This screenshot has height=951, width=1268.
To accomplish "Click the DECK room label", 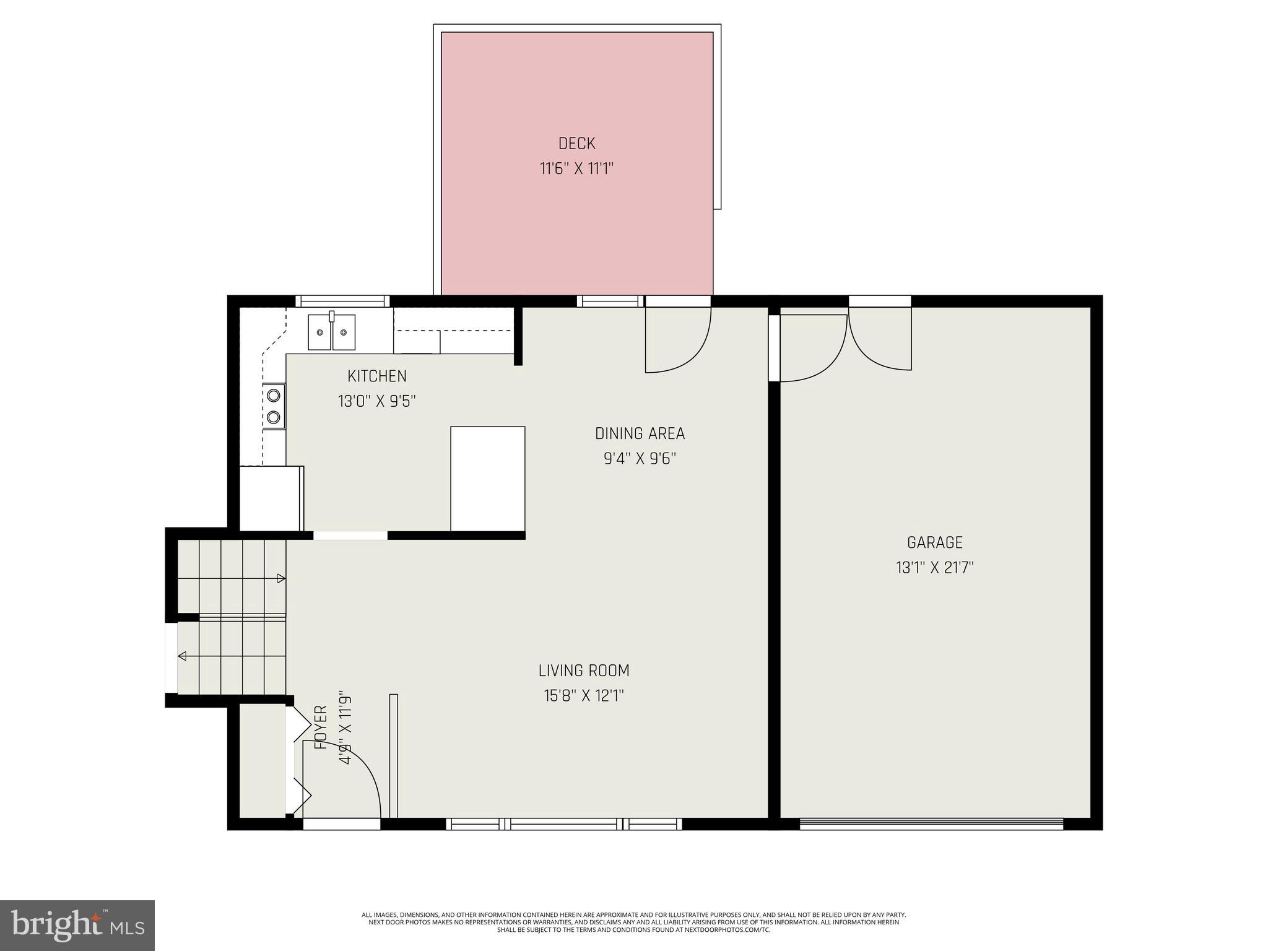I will [x=576, y=144].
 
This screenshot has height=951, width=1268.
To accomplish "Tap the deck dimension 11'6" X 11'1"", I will [x=576, y=168].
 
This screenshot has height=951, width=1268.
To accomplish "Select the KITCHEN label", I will [x=376, y=376].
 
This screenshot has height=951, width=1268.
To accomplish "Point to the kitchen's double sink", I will [x=332, y=332].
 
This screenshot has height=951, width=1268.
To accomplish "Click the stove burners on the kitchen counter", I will [x=274, y=406].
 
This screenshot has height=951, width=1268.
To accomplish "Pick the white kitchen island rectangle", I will [x=488, y=478].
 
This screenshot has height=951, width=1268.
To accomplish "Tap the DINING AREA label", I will [x=640, y=433].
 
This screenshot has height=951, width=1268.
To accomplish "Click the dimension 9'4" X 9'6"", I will [x=640, y=459].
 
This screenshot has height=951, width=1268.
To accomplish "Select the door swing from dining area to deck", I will [x=677, y=341].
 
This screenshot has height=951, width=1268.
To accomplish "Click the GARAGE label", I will [x=934, y=542].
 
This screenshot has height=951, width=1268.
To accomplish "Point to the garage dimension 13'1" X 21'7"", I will [x=934, y=568].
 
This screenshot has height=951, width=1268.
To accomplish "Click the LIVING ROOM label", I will [x=583, y=671].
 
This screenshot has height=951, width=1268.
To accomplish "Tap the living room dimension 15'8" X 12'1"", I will [x=583, y=696].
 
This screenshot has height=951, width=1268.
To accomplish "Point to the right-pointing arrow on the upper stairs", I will [x=280, y=578].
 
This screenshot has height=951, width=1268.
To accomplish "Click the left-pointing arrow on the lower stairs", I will [x=183, y=656].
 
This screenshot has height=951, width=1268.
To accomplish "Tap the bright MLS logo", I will [x=77, y=925].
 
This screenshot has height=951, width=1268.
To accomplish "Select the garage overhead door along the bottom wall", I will [x=931, y=823].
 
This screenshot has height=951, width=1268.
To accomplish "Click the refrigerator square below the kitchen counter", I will [x=271, y=498].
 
